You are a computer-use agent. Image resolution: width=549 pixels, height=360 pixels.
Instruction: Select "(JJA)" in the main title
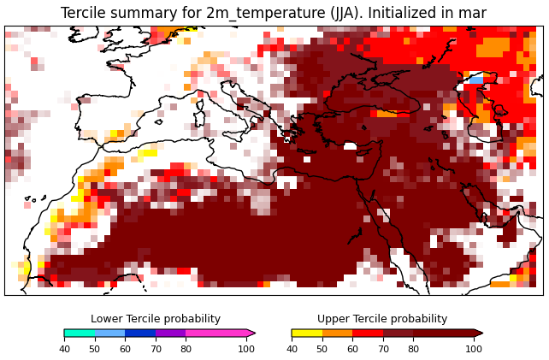pyautogui.click(x=343, y=14)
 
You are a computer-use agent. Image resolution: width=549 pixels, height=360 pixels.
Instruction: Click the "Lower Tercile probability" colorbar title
pyautogui.click(x=156, y=319)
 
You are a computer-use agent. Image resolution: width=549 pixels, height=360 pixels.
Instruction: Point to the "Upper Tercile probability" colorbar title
pyautogui.click(x=382, y=319)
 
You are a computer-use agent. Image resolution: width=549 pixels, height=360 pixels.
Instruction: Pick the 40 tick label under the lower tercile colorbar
pyautogui.click(x=64, y=349)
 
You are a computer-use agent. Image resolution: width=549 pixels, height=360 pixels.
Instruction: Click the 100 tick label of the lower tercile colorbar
pyautogui.click(x=246, y=349)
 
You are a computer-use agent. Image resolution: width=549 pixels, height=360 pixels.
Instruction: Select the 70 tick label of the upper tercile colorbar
pyautogui.click(x=383, y=349)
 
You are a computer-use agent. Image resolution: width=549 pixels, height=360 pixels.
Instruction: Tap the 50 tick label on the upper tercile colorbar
pyautogui.click(x=322, y=349)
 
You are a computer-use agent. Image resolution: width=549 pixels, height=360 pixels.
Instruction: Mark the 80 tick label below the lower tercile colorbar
pyautogui.click(x=186, y=349)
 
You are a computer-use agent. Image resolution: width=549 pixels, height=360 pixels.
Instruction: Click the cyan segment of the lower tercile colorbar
pyautogui.click(x=80, y=333)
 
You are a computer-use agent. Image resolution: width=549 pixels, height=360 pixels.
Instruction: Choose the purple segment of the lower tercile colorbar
pyautogui.click(x=171, y=333)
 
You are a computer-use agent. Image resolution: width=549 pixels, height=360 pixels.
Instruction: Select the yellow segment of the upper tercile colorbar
pyautogui.click(x=307, y=333)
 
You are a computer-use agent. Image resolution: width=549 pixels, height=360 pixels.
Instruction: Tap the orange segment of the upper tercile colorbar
pyautogui.click(x=337, y=333)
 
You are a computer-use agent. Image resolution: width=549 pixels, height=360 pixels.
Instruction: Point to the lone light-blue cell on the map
pyautogui.click(x=476, y=80)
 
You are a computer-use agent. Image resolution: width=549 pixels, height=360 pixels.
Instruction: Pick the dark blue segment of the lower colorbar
pyautogui.click(x=140, y=333)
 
